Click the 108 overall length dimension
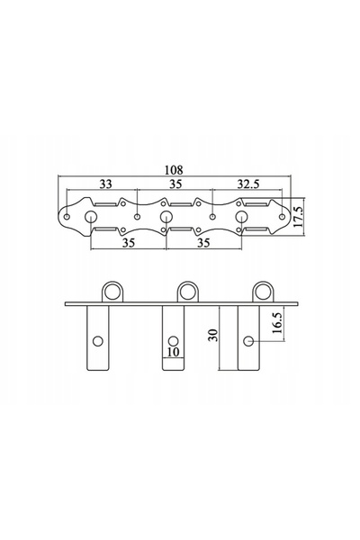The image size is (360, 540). pyautogui.click(x=174, y=170)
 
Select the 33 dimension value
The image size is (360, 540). pyautogui.click(x=106, y=184)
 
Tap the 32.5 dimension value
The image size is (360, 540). pyautogui.click(x=247, y=184)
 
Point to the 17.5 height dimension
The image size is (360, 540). pyautogui.click(x=298, y=216)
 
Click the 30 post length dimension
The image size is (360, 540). pyautogui.click(x=213, y=335)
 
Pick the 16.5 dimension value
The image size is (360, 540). pyautogui.click(x=277, y=322)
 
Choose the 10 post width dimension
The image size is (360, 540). pyautogui.click(x=174, y=352)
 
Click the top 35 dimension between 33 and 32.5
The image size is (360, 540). pyautogui.click(x=175, y=184)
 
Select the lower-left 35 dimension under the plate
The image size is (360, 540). pyautogui.click(x=129, y=243)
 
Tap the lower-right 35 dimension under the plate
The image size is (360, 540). pyautogui.click(x=203, y=243)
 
